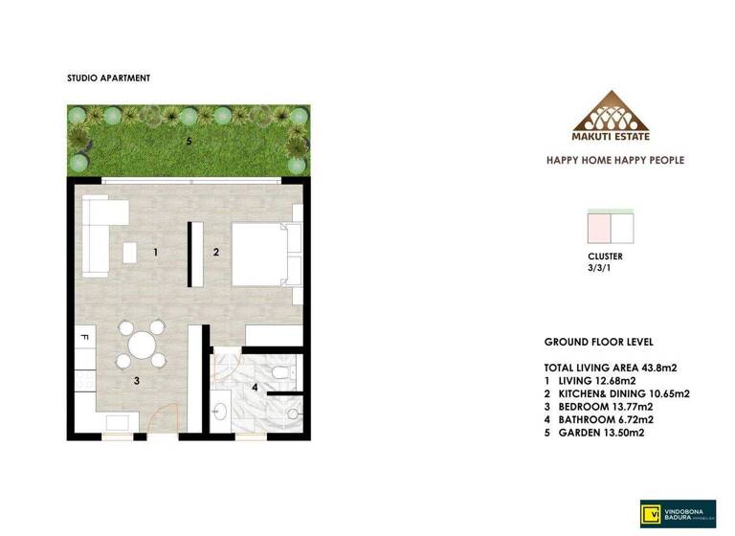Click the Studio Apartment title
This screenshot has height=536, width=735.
coord(108,78)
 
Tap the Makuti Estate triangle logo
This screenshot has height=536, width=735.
coord(611,112)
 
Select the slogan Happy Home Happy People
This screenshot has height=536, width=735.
coord(613,160)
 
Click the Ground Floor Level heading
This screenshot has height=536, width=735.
coord(598,342)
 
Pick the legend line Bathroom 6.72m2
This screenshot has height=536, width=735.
coord(598,419)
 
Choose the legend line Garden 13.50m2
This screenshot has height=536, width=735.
coord(594,433)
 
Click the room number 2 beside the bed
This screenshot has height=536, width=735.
coord(216,253)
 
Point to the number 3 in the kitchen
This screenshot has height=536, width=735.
coord(137,381)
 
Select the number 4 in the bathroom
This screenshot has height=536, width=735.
coord(255,388)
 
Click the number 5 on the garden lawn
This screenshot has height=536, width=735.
coord(189,142)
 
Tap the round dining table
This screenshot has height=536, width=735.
coord(141,345)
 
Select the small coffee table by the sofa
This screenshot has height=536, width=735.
coord(129,252)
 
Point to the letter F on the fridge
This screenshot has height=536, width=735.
coord(84,338)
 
